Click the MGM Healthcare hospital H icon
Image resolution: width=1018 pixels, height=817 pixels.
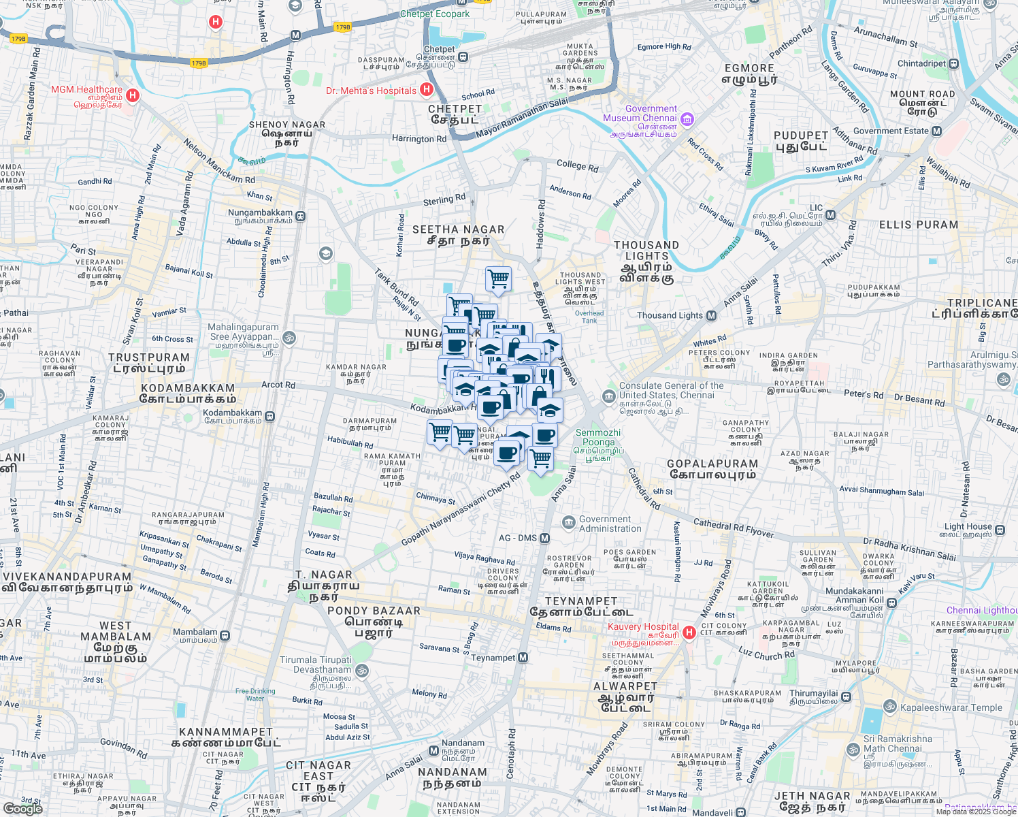coord(133,95)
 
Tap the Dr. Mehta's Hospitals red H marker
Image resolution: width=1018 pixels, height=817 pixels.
coord(427,89)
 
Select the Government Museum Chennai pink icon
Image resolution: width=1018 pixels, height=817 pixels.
coord(687,120)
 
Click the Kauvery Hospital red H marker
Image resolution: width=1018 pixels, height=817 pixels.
coord(689,632)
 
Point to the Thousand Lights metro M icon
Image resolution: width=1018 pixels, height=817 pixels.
coord(711,315)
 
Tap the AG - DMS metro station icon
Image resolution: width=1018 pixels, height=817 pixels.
coord(544,538)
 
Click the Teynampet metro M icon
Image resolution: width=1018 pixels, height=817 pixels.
coord(523,657)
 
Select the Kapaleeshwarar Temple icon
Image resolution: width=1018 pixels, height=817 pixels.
coord(889,707)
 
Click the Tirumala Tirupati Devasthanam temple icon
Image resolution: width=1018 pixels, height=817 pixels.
coord(362,671)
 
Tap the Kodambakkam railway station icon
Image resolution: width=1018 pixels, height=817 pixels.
coord(270,416)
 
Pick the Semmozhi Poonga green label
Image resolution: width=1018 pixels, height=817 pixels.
coord(597,437)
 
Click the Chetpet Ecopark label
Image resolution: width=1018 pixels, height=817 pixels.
coord(435,14)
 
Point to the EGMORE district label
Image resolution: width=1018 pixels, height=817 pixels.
coord(749,68)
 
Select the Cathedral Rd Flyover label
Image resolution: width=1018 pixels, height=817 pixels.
coord(734,528)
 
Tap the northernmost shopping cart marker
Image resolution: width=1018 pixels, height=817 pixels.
coord(498,278)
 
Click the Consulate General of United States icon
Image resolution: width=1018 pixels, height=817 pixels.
coord(608,396)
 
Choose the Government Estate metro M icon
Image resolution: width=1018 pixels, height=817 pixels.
coord(937,131)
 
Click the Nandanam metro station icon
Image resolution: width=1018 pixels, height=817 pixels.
coord(433,750)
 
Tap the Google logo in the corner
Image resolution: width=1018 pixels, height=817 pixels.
coord(22,809)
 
